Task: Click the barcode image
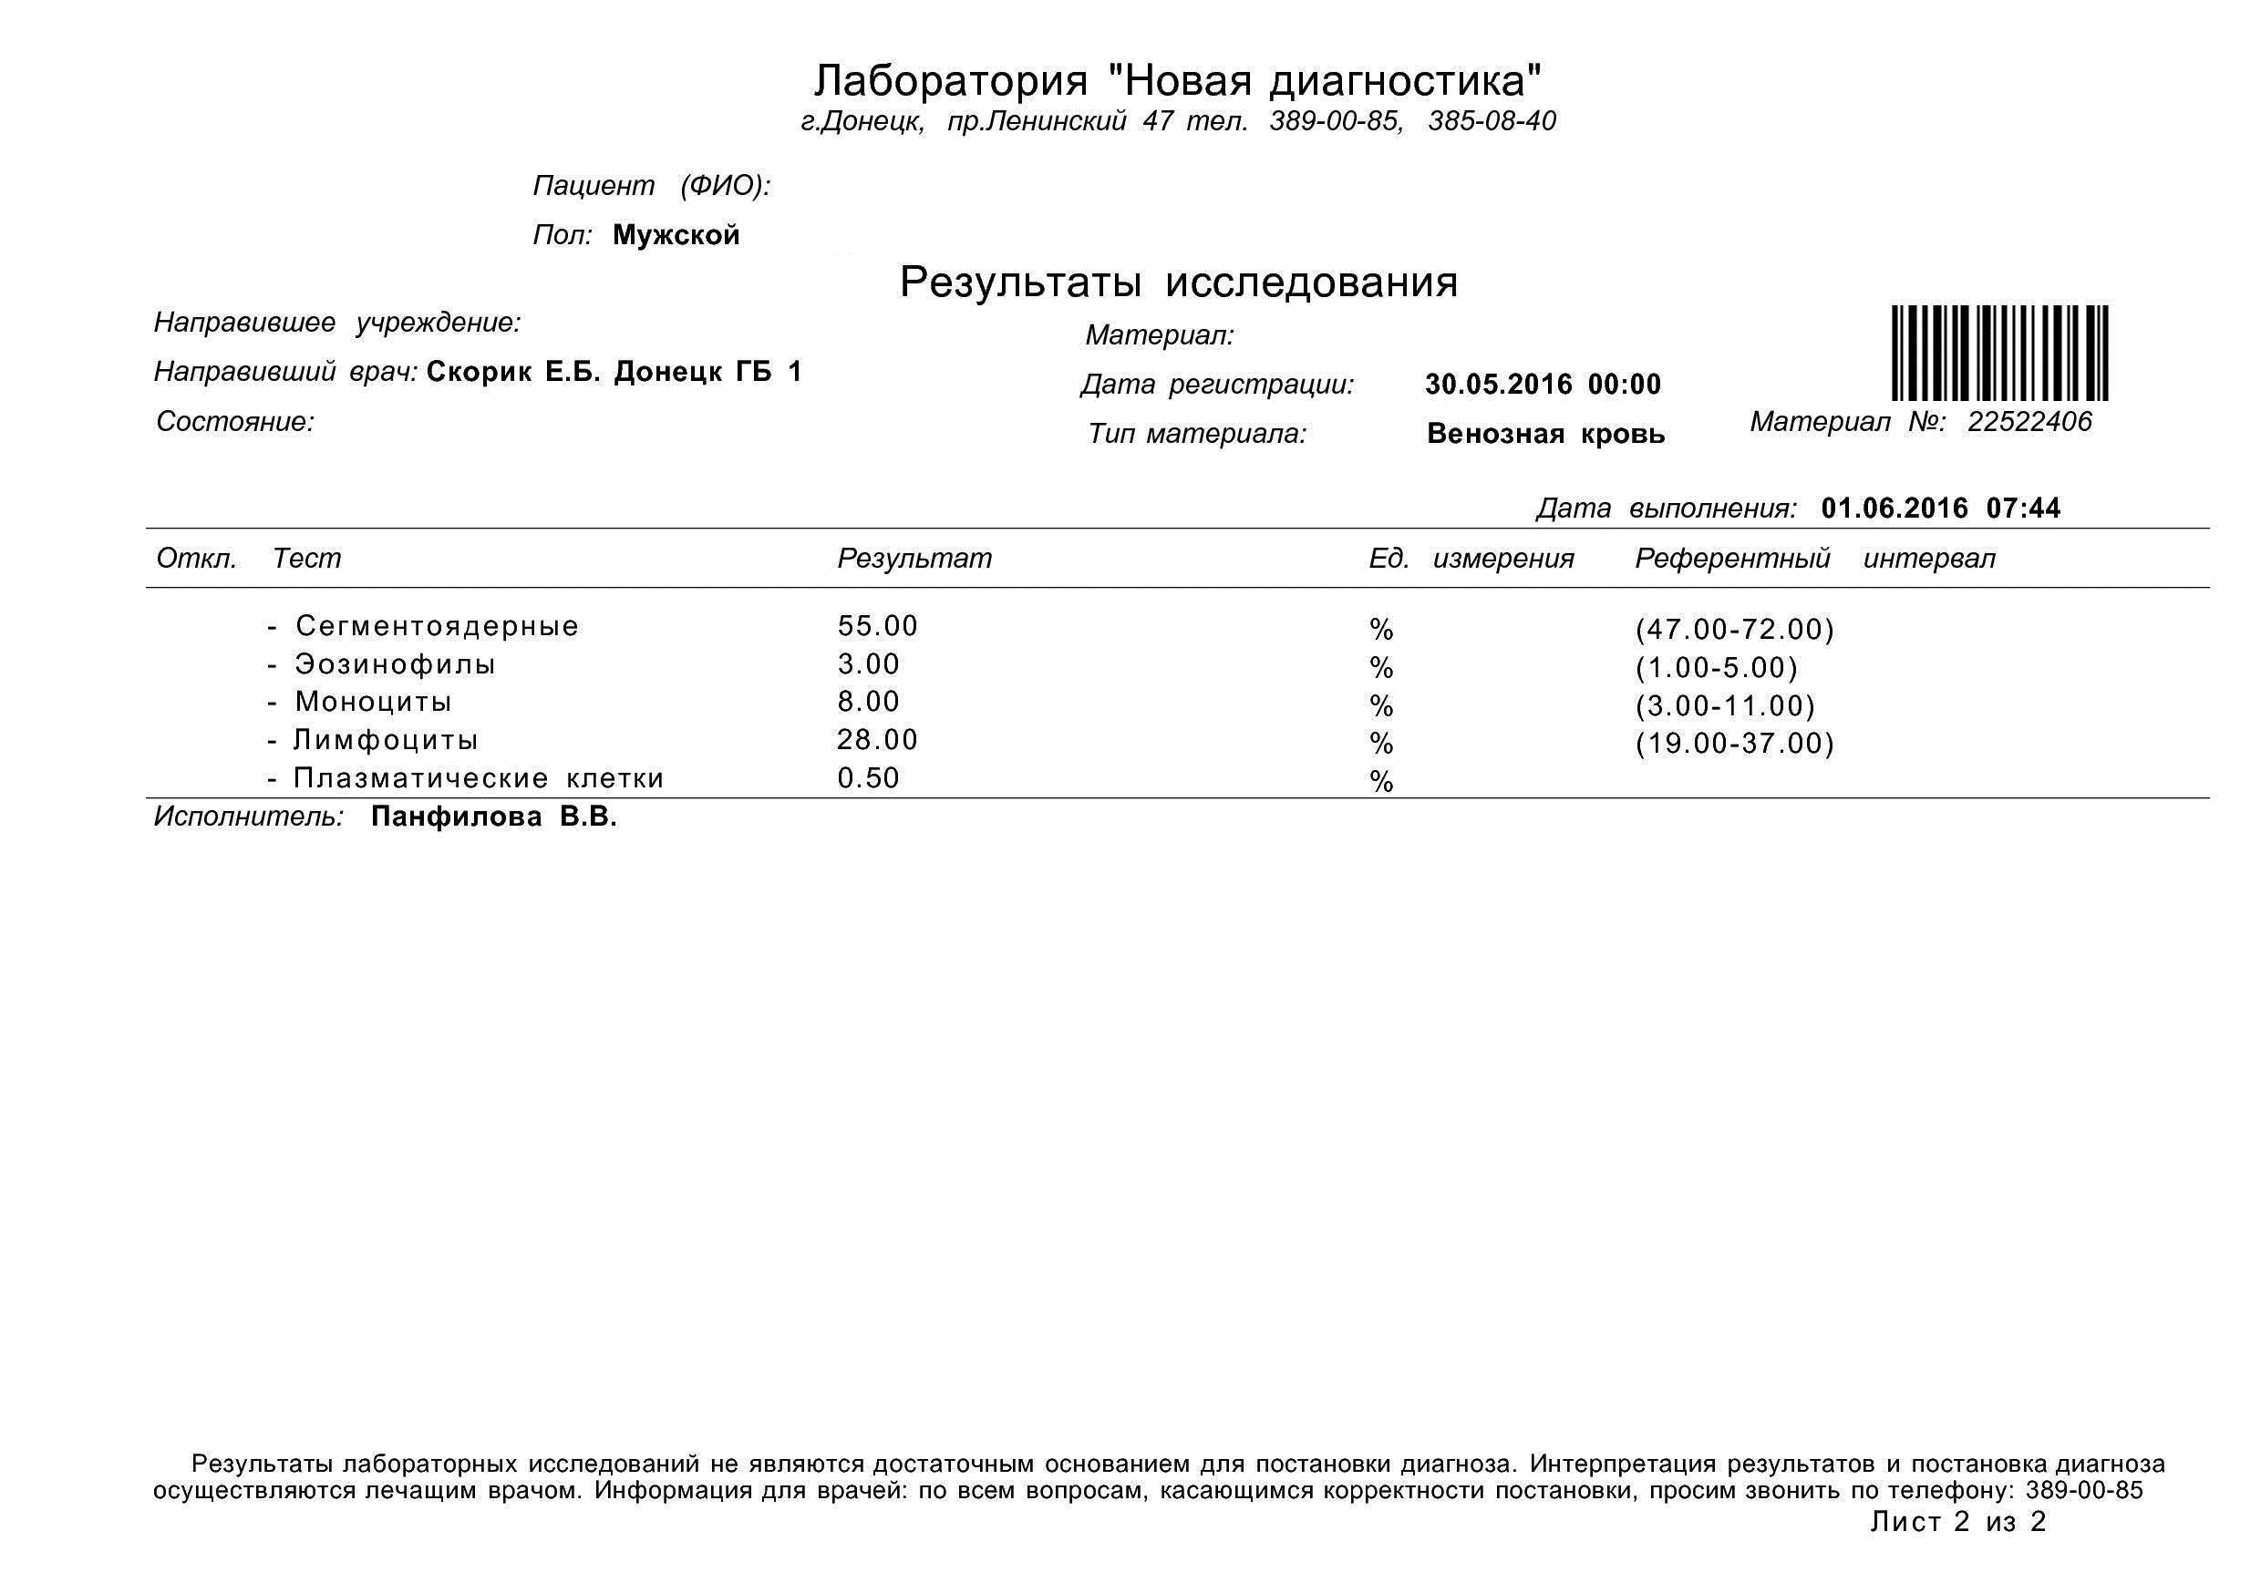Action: [x=1999, y=354]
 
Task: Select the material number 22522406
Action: [x=2029, y=421]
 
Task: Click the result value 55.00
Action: [x=876, y=626]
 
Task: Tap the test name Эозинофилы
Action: [x=395, y=664]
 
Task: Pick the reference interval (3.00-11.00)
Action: [x=1724, y=706]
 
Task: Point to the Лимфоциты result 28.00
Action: [x=876, y=739]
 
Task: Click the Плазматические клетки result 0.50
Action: [x=869, y=777]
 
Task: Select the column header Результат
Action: [x=914, y=559]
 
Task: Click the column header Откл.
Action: [x=196, y=559]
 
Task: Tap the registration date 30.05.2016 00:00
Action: [x=1542, y=384]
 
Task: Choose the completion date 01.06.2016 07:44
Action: [x=1940, y=508]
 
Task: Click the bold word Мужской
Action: [x=676, y=235]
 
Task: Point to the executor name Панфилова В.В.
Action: [x=493, y=817]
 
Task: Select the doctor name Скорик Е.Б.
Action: [x=513, y=372]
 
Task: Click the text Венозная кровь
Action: [x=1545, y=433]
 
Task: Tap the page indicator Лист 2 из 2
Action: [x=1957, y=1521]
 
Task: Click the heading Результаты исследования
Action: [x=1178, y=283]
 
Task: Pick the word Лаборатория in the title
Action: [x=950, y=81]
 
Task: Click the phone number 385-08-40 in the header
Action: [x=1491, y=121]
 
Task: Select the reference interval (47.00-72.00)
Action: [x=1734, y=629]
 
